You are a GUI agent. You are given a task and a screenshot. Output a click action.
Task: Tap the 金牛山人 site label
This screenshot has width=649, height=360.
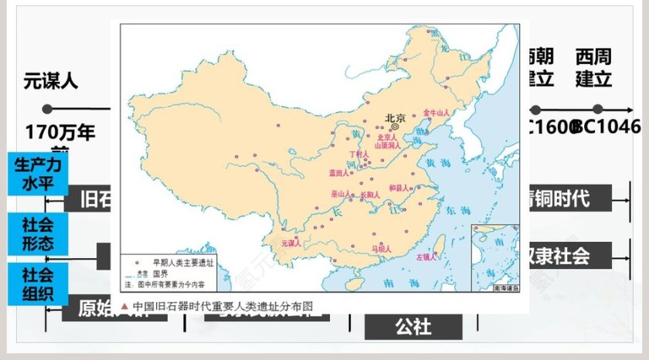point(437,113)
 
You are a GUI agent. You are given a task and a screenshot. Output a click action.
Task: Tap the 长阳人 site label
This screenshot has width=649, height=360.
point(370,195)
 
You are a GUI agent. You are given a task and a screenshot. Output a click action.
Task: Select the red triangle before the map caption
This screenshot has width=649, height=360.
point(125,304)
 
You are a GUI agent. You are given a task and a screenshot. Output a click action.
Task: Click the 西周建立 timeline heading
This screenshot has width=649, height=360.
point(593,68)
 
